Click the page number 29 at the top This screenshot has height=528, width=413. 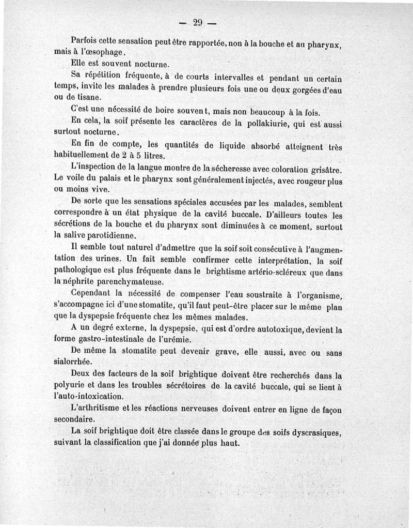pyautogui.click(x=197, y=22)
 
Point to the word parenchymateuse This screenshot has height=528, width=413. pyautogui.click(x=133, y=282)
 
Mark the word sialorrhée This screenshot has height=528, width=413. pyautogui.click(x=73, y=362)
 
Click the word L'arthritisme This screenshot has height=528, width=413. pyautogui.click(x=97, y=409)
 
